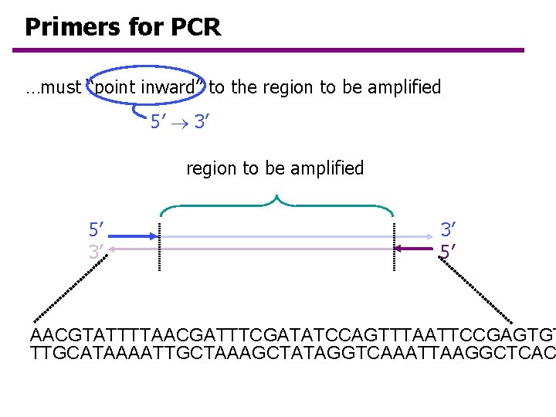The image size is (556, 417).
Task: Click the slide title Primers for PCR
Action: (x=123, y=28)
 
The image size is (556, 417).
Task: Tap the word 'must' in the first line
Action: (x=61, y=87)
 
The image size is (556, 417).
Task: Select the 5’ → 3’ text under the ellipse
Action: (x=181, y=122)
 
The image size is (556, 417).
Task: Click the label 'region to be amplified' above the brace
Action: (x=275, y=168)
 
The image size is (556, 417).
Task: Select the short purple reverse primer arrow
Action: (x=415, y=248)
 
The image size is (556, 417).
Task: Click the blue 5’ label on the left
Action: (x=97, y=229)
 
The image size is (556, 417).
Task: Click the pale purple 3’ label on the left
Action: (x=97, y=251)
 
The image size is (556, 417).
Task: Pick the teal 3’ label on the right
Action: (x=449, y=229)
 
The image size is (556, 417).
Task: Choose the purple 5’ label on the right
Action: (x=449, y=251)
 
